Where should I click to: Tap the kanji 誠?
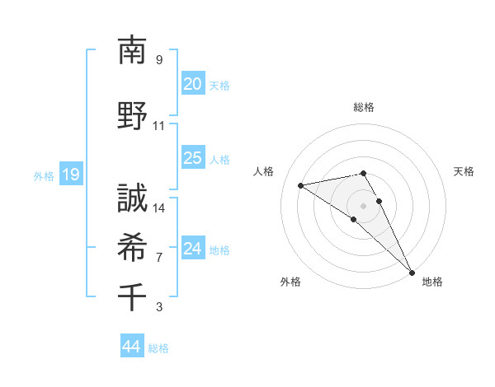pyautogui.click(x=132, y=198)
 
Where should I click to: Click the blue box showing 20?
pyautogui.click(x=192, y=84)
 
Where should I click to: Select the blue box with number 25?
pyautogui.click(x=192, y=158)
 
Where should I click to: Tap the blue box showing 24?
pyautogui.click(x=192, y=249)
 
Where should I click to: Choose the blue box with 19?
pyautogui.click(x=70, y=175)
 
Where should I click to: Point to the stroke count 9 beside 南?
pyautogui.click(x=158, y=60)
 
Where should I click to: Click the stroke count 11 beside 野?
pyautogui.click(x=158, y=126)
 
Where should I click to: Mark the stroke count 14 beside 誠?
pyautogui.click(x=159, y=208)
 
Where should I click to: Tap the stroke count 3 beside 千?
pyautogui.click(x=158, y=307)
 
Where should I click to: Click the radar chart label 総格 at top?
pyautogui.click(x=363, y=107)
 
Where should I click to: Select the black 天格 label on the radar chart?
pyautogui.click(x=464, y=171)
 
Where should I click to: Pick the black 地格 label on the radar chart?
pyautogui.click(x=432, y=282)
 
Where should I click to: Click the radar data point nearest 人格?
pyautogui.click(x=301, y=185)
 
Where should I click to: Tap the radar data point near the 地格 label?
pyautogui.click(x=412, y=272)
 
